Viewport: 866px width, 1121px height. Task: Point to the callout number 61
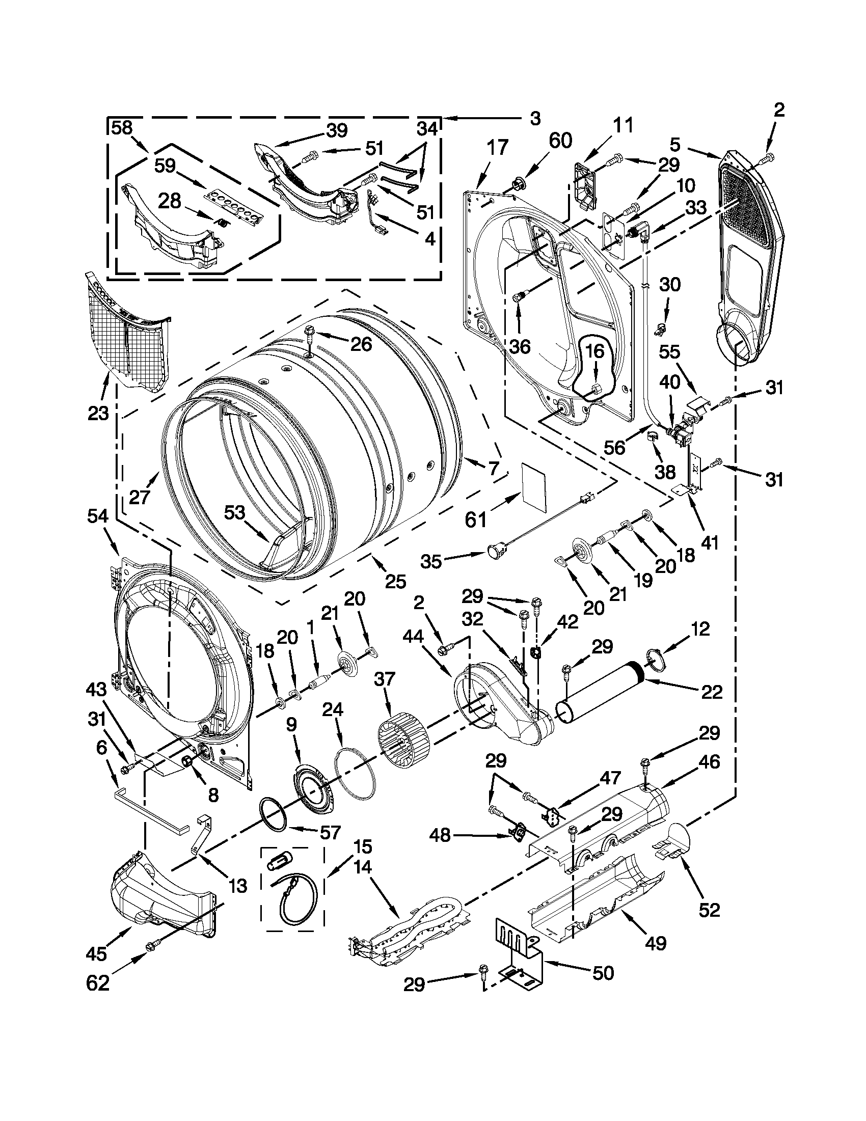pos(476,520)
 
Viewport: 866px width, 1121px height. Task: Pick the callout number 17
pos(497,148)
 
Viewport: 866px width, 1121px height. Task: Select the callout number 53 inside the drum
pos(235,513)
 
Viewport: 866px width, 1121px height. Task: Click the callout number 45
pos(96,953)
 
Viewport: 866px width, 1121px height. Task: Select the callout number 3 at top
pos(534,119)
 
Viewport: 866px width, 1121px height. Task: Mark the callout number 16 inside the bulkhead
pos(594,351)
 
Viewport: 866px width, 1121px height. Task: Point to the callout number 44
pos(413,637)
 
